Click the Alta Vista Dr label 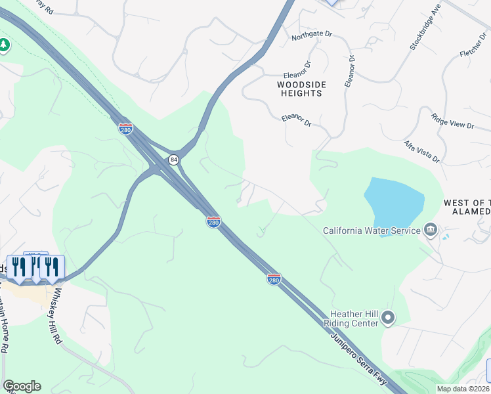click(421, 151)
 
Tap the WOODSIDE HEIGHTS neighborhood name click(300, 89)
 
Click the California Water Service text click(372, 230)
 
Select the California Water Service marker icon click(431, 229)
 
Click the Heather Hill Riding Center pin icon click(388, 318)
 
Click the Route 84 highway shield click(173, 160)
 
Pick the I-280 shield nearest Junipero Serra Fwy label click(274, 279)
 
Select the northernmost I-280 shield click(126, 128)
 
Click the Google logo click(22, 386)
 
